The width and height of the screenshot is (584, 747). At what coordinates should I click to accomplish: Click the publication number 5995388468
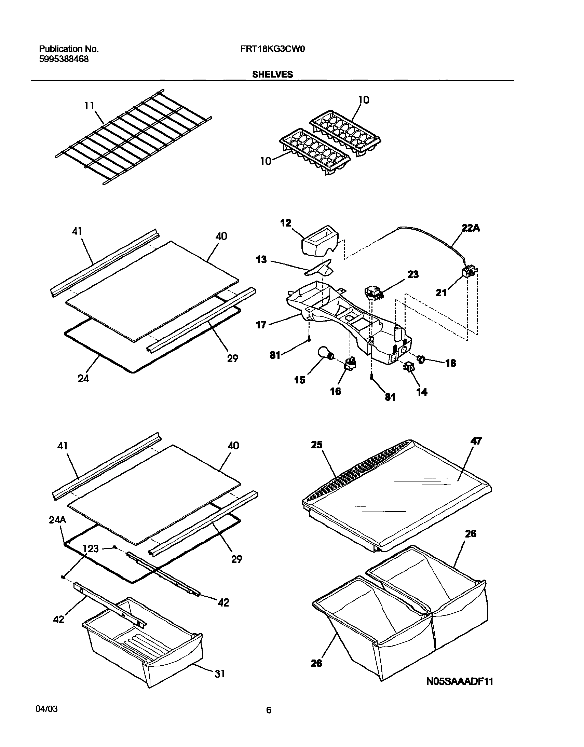(64, 59)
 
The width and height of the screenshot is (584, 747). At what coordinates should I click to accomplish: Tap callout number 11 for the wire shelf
(89, 106)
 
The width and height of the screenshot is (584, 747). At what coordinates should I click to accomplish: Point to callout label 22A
(471, 229)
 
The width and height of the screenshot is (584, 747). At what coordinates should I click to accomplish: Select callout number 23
(413, 274)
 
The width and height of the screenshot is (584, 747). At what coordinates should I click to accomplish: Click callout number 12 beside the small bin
(285, 223)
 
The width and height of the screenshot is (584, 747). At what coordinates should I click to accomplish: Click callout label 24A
(57, 520)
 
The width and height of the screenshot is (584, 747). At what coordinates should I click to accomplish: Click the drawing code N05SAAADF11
(460, 681)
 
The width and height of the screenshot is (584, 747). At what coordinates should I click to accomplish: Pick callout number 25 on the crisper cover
(316, 445)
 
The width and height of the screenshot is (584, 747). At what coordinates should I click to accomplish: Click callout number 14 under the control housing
(422, 392)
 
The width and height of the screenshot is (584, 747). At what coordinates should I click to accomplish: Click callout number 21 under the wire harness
(442, 293)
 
